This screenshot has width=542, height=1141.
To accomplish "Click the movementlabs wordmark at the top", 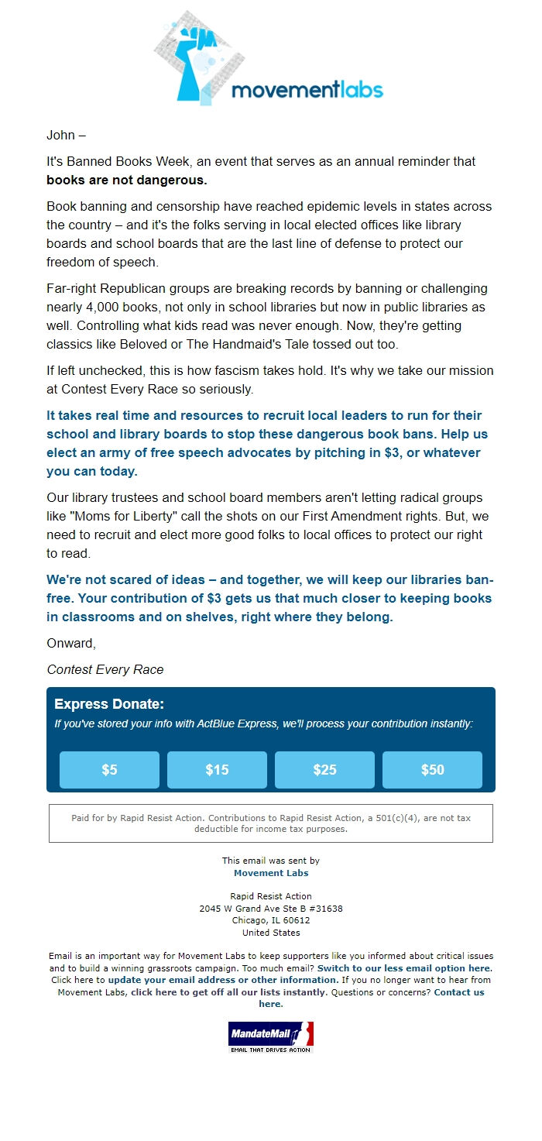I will pyautogui.click(x=307, y=90).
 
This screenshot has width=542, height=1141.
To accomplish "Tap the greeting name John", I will pyautogui.click(x=60, y=135).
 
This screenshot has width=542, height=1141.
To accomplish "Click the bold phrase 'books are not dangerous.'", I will pyautogui.click(x=126, y=180).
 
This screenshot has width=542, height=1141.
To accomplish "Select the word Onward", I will pyautogui.click(x=70, y=643).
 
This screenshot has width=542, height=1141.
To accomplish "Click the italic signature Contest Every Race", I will pyautogui.click(x=105, y=669).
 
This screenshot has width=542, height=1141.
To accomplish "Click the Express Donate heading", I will pyautogui.click(x=109, y=704).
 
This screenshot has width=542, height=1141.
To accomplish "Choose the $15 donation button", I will pyautogui.click(x=217, y=769).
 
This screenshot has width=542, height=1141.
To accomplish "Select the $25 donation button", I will pyautogui.click(x=324, y=769).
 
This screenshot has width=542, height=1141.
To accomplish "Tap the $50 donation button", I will pyautogui.click(x=432, y=769).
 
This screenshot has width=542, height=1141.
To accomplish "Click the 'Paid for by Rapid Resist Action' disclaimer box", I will pyautogui.click(x=271, y=823).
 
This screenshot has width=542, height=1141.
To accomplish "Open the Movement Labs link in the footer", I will pyautogui.click(x=271, y=873).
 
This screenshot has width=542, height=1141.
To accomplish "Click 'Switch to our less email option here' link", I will pyautogui.click(x=404, y=968).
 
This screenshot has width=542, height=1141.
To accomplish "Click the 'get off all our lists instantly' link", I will pyautogui.click(x=229, y=992).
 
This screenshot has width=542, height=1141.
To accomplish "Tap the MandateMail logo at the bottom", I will pyautogui.click(x=271, y=1036).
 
